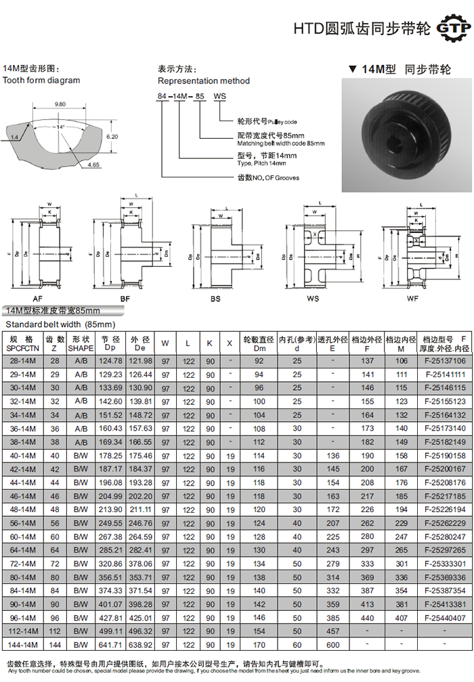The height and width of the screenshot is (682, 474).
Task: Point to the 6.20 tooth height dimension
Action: click(x=112, y=136)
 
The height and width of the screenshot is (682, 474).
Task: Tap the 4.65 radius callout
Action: click(x=93, y=165)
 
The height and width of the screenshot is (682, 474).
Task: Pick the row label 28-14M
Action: click(x=23, y=360)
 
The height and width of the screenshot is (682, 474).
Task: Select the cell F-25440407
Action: click(x=444, y=618)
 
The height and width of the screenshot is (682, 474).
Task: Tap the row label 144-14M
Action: click(x=23, y=645)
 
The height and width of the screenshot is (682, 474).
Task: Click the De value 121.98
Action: click(x=141, y=360)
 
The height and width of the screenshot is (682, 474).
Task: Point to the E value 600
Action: click(x=333, y=645)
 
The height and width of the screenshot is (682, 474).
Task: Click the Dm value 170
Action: click(x=259, y=645)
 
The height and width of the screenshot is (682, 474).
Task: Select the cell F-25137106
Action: click(x=444, y=360)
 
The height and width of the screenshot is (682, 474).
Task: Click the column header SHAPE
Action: click(x=81, y=347)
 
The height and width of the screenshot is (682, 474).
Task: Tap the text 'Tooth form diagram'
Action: click(x=41, y=81)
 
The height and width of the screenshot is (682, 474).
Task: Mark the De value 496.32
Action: click(x=141, y=631)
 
